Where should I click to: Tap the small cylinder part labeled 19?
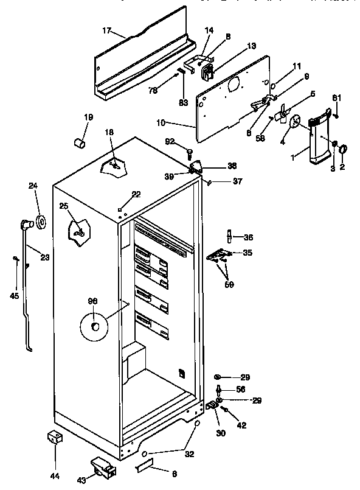78,143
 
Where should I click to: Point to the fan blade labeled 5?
282,114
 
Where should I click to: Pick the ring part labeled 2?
343,149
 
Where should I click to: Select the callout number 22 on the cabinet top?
136,194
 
